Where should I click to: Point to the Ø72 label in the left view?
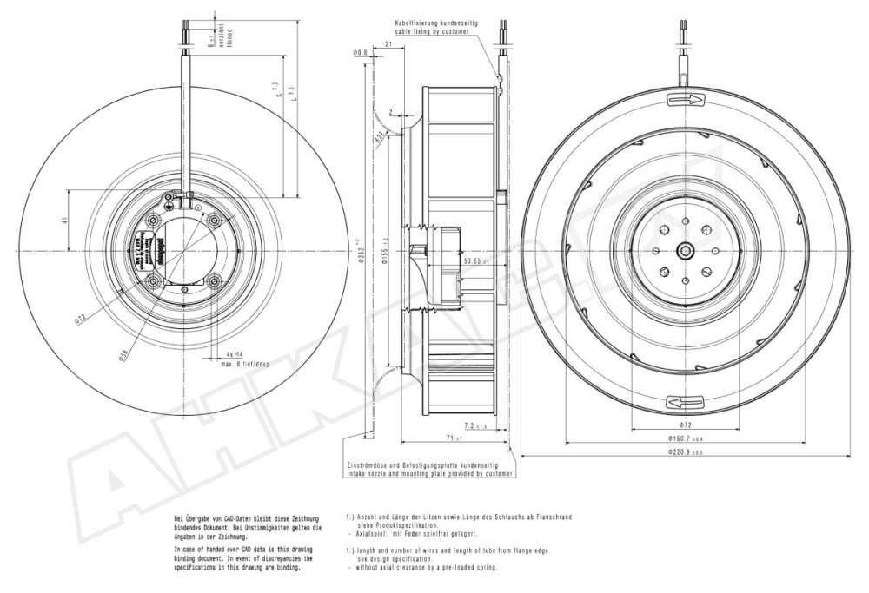pos(79,317)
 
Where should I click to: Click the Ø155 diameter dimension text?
pos(387,252)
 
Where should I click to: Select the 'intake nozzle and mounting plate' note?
pos(426,475)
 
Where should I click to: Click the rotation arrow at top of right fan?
pos(687,100)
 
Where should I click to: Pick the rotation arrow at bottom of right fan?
pos(686,401)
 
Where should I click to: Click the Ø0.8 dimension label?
pos(360,54)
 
